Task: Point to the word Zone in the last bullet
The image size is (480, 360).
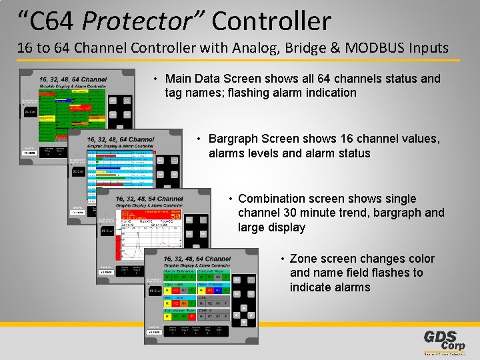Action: [x=303, y=259]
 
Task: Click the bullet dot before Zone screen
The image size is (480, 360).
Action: [x=283, y=259]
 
